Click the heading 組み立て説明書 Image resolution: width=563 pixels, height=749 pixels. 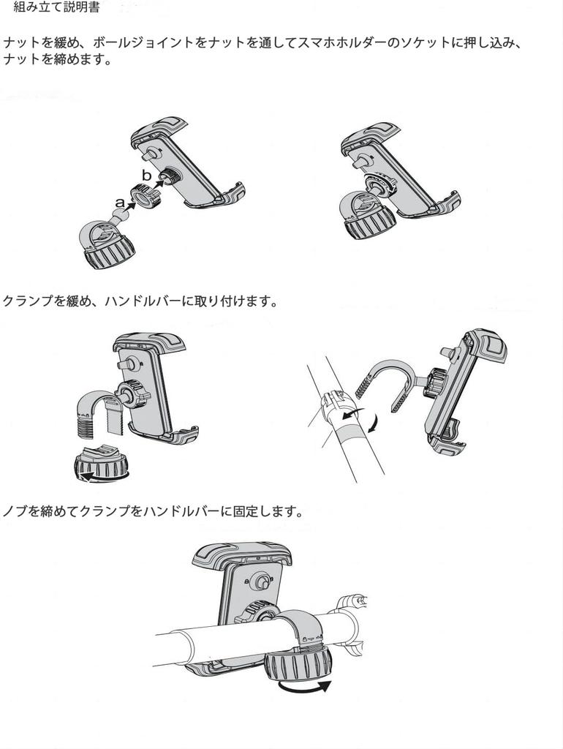click(x=56, y=7)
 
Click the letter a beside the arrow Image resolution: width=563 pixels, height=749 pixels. click(x=120, y=203)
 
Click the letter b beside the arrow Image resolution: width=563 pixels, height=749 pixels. click(x=147, y=175)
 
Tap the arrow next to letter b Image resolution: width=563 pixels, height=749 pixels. click(x=159, y=181)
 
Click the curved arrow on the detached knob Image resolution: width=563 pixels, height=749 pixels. click(x=102, y=476)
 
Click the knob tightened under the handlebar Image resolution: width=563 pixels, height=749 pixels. click(x=298, y=663)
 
